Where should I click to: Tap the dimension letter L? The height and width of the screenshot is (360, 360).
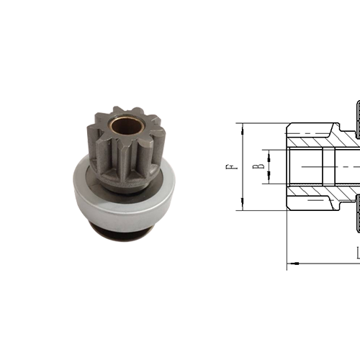(357, 253)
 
